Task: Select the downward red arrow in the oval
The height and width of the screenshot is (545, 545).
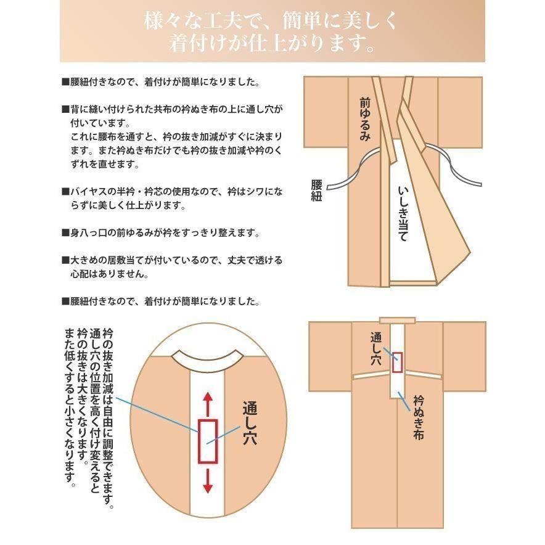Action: point(207,478)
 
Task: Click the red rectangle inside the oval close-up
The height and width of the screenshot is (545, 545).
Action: point(207,440)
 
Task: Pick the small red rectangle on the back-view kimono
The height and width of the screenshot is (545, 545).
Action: point(397,362)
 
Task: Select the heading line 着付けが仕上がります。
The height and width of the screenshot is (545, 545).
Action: point(272,45)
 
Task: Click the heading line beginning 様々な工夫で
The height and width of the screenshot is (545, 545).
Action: point(272,22)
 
